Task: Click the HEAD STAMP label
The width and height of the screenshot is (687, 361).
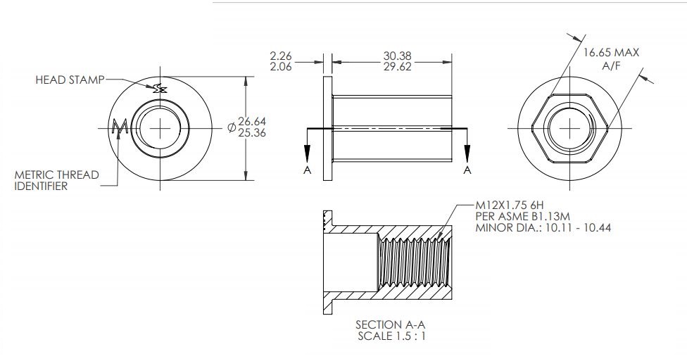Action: (x=69, y=80)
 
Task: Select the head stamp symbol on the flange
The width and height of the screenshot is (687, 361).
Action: (x=160, y=87)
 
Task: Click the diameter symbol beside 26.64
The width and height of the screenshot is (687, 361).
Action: (x=232, y=127)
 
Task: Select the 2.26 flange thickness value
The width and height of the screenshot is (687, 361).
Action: (x=282, y=54)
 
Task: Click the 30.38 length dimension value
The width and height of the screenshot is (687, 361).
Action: (x=398, y=54)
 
